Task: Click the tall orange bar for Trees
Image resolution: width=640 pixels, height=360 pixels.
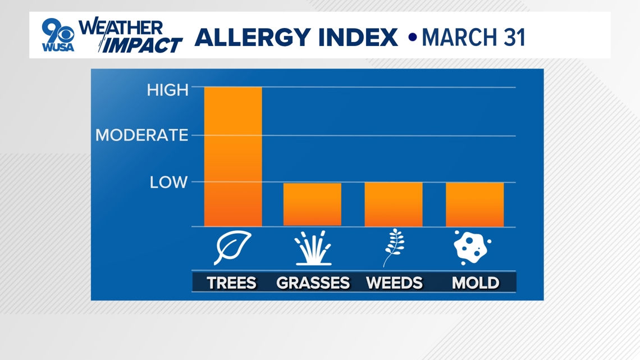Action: [233, 156]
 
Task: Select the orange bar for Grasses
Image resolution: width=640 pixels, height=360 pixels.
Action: [312, 204]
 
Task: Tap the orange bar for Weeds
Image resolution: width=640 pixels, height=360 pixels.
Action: [394, 204]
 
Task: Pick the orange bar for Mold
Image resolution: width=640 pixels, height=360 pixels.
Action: [475, 204]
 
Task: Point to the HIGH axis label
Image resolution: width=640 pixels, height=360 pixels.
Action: [168, 90]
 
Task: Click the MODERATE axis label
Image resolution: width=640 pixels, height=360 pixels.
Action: [141, 135]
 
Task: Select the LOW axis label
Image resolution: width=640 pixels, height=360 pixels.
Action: [168, 182]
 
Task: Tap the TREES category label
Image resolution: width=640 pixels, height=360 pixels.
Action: [231, 282]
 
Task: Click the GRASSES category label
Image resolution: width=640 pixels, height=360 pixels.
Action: [313, 282]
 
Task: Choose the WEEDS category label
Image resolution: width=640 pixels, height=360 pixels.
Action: [394, 282]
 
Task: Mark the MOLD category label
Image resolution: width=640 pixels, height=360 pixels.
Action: [476, 282]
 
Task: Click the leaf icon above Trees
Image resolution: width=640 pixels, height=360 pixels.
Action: [232, 247]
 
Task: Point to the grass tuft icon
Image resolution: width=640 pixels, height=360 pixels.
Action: [313, 248]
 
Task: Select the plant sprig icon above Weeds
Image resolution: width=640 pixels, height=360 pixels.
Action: [394, 248]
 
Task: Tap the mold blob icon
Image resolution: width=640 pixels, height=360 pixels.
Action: [472, 247]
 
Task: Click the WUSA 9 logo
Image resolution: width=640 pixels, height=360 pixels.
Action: [58, 35]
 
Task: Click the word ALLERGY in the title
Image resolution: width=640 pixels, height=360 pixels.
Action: [252, 38]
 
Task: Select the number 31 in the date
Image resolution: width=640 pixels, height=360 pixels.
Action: [514, 38]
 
